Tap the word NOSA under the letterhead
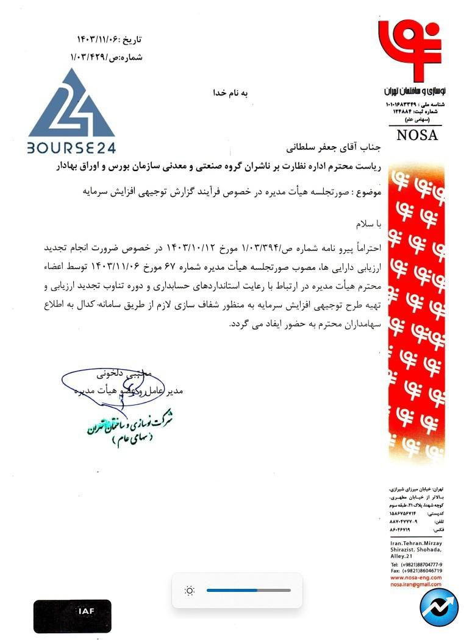417,135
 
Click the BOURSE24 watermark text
71,147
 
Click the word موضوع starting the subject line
368,192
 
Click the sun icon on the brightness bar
190,590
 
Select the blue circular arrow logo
440,608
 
